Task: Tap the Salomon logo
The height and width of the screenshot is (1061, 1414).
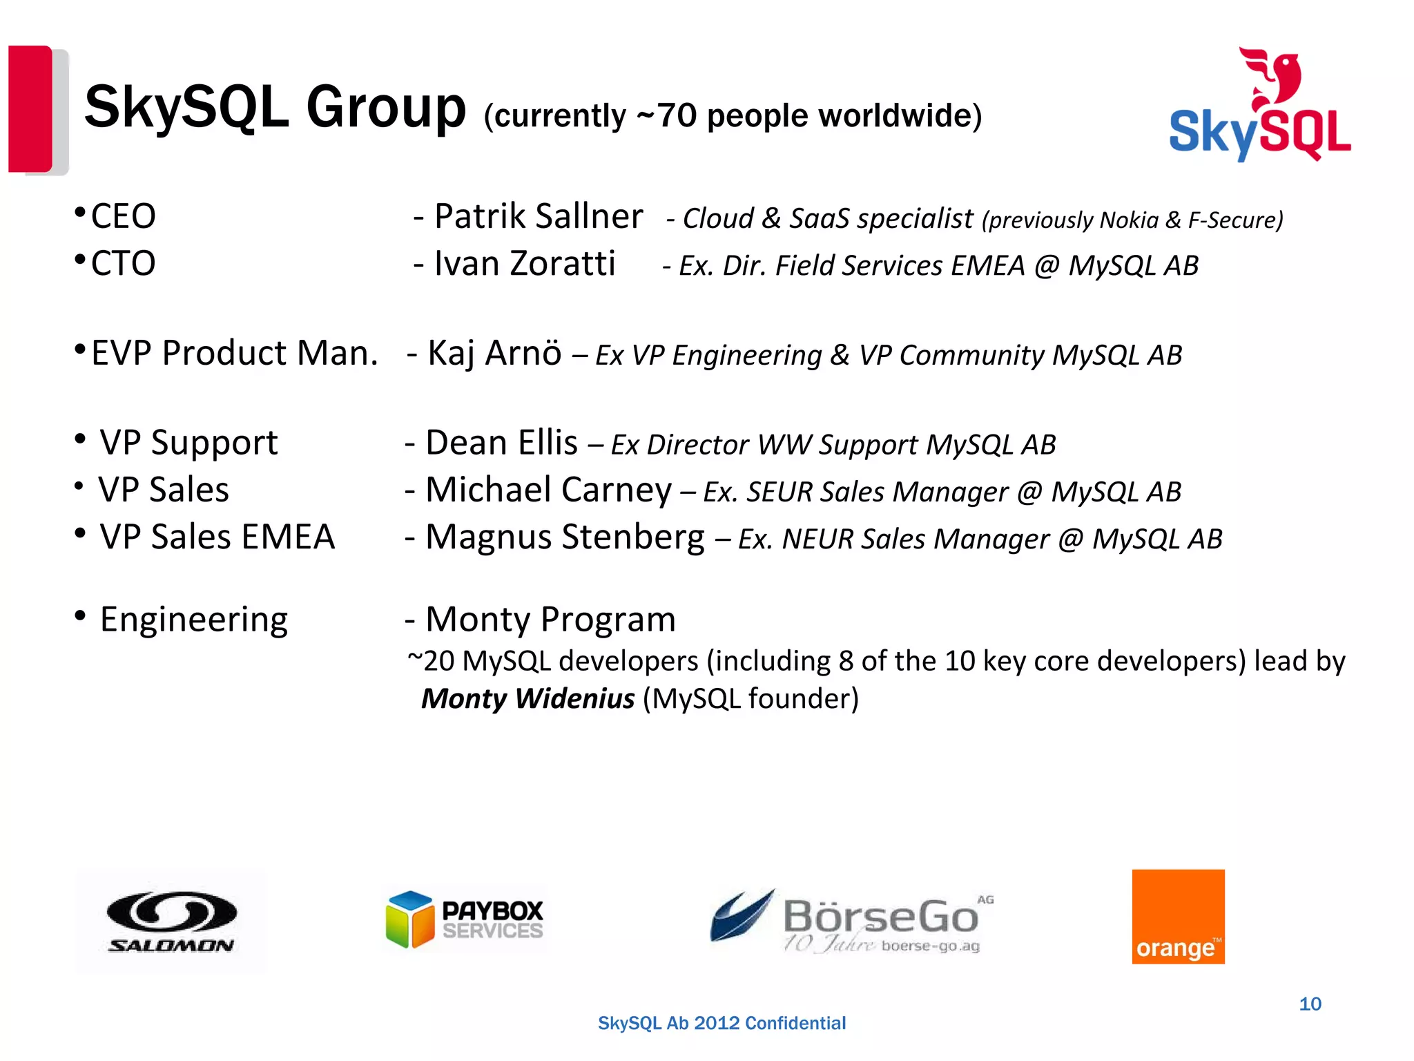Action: pos(171,921)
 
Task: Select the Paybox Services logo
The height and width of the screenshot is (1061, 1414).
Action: pos(465,919)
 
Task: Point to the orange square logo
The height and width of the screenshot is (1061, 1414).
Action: pos(1178,916)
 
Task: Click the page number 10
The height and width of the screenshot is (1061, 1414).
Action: pos(1310,1004)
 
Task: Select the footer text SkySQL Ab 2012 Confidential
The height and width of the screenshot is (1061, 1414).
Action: pos(721,1023)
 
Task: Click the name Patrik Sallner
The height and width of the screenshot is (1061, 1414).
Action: pos(539,216)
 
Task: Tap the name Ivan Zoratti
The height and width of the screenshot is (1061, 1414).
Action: pos(525,263)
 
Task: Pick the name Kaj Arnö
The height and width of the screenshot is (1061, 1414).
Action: pos(494,353)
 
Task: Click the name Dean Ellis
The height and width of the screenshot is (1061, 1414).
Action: pos(502,443)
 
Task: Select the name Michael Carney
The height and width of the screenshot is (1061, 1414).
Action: pos(549,490)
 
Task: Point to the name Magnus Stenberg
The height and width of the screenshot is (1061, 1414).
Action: pos(565,537)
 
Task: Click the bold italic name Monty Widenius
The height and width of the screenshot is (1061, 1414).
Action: pos(528,698)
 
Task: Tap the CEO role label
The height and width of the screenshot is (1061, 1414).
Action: pos(124,216)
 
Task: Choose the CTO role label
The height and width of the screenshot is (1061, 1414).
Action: pos(124,263)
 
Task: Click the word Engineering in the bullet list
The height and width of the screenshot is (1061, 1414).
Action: pos(194,620)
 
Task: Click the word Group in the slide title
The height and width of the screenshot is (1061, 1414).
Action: pos(386,108)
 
